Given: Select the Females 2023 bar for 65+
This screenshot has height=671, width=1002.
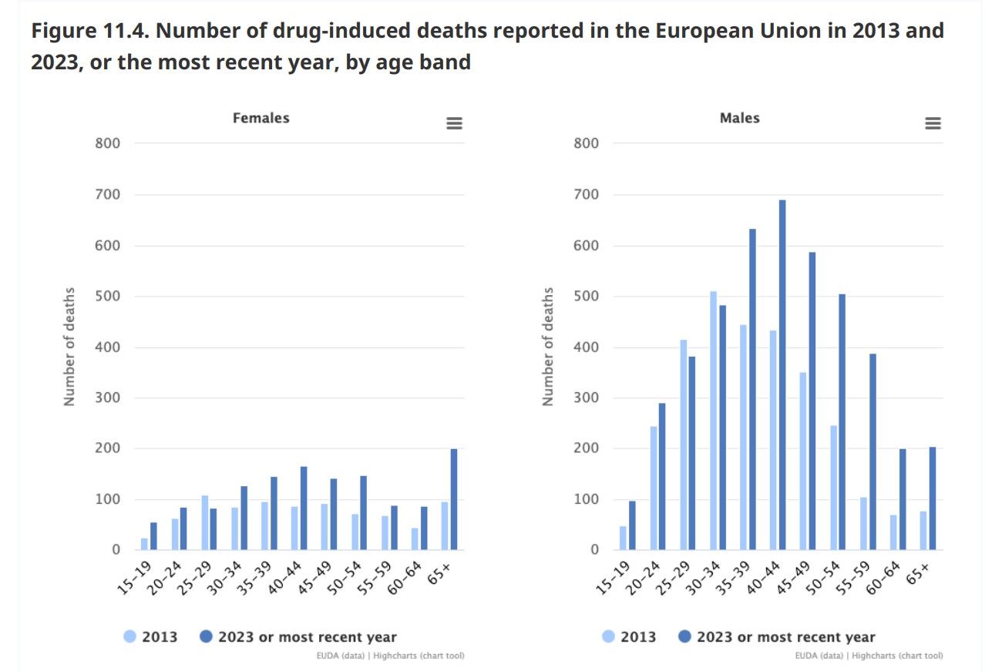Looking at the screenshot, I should pyautogui.click(x=454, y=499).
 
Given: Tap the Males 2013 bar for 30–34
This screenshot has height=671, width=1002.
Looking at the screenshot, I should pyautogui.click(x=713, y=421).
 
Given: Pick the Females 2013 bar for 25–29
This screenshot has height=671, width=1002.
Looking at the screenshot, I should pyautogui.click(x=205, y=522).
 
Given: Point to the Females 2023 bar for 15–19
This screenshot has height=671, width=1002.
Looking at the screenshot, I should pyautogui.click(x=153, y=536).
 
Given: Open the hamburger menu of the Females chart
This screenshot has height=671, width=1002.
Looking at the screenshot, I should pyautogui.click(x=455, y=123).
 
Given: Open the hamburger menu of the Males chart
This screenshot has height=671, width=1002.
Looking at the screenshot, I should pyautogui.click(x=933, y=123).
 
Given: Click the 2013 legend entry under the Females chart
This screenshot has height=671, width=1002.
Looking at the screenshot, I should pyautogui.click(x=151, y=637).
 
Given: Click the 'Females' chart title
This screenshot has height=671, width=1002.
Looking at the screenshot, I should pyautogui.click(x=261, y=118).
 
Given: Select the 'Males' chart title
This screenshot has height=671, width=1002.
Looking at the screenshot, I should pyautogui.click(x=740, y=118).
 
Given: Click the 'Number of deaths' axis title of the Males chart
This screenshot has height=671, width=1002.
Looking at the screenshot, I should pyautogui.click(x=548, y=347).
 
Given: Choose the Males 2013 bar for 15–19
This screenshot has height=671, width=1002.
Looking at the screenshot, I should pyautogui.click(x=623, y=538).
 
